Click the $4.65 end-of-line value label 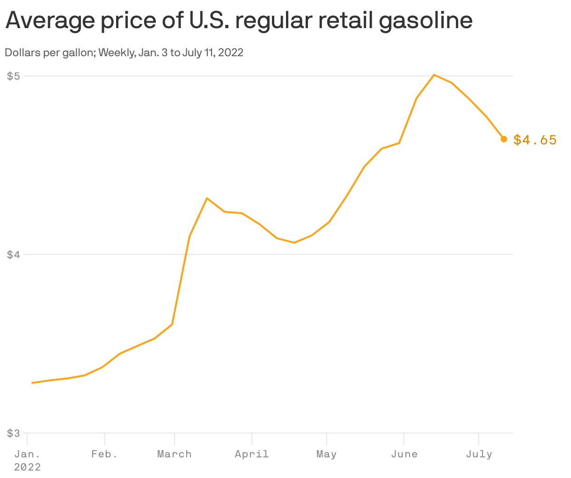[x=535, y=140]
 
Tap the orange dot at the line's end [x=504, y=139]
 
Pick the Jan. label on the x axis [x=27, y=454]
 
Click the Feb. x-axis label [x=104, y=454]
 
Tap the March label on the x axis [x=174, y=454]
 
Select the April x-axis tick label [x=252, y=454]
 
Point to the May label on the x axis [x=326, y=454]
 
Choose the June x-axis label [x=404, y=454]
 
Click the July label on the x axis [x=479, y=454]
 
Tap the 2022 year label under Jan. [x=27, y=467]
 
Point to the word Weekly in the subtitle [x=117, y=52]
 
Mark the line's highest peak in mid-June [x=434, y=75]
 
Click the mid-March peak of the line [x=207, y=198]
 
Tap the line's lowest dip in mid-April [x=294, y=242]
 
